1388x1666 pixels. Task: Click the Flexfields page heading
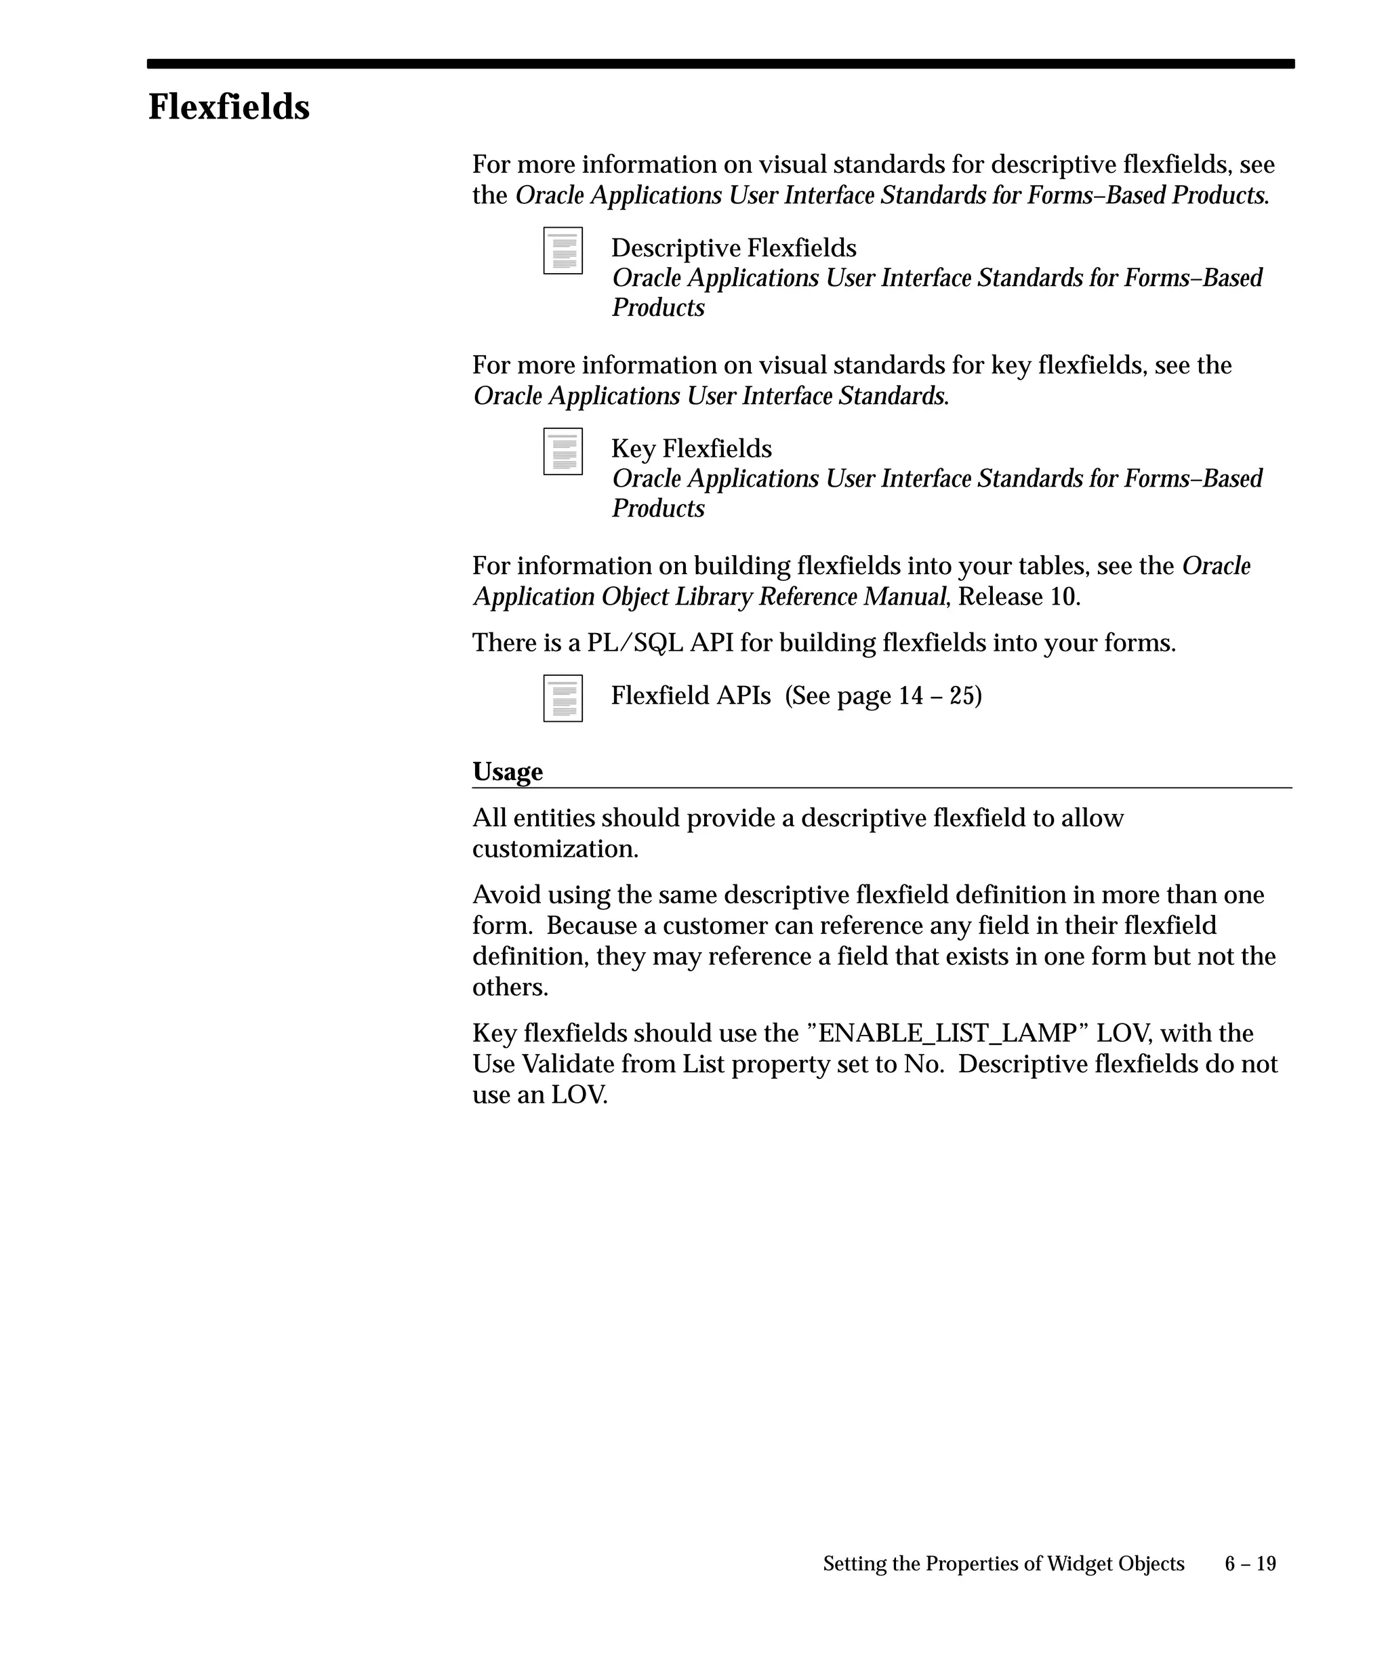228,107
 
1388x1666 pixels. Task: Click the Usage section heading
508,771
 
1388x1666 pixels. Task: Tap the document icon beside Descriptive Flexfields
563,251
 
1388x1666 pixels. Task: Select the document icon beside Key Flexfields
563,451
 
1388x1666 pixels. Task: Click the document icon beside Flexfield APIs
563,698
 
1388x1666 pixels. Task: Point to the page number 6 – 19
1250,1563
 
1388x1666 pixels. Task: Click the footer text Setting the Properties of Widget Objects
1003,1563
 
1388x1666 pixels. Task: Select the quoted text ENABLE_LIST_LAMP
947,1033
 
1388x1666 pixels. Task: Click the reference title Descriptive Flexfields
734,248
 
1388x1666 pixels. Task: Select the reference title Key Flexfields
691,449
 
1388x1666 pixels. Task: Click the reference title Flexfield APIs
691,696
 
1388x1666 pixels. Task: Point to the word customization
555,849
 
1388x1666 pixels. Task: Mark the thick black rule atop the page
720,64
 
